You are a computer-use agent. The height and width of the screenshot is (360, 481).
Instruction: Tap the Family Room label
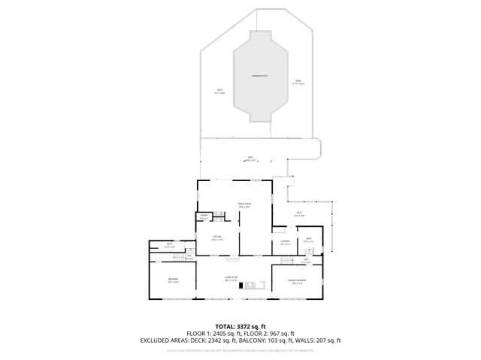pos(244,205)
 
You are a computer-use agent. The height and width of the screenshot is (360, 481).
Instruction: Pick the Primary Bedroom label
pos(296,281)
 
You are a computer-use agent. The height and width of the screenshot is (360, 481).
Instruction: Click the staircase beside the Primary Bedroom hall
pos(287,260)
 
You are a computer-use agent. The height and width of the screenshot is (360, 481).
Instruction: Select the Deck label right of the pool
pos(298,82)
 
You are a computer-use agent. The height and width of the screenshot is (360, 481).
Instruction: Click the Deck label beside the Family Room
pos(298,214)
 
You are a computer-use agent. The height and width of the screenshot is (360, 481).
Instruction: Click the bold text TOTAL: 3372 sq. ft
pos(240,327)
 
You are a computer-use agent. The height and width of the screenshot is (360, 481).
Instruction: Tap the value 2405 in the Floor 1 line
pos(225,334)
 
